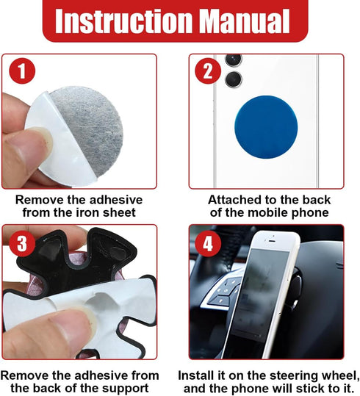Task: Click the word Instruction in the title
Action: point(123,21)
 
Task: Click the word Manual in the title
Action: point(246,21)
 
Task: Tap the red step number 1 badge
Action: point(22,71)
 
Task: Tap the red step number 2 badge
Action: point(208,71)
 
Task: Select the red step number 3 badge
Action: point(22,244)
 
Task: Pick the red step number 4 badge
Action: point(208,244)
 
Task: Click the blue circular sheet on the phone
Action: point(266,127)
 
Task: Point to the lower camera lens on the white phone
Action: point(234,79)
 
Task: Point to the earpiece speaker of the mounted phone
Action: point(272,241)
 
